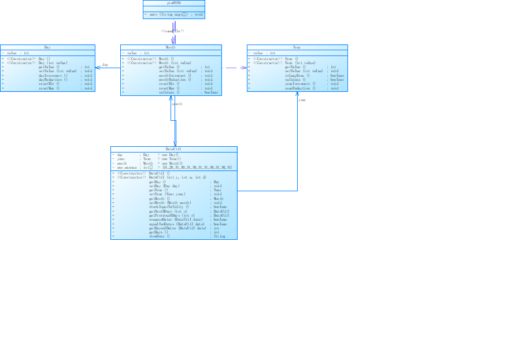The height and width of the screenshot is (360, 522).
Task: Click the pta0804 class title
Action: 173,3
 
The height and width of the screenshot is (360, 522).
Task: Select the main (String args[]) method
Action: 173,14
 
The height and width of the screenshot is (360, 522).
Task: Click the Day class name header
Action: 47,47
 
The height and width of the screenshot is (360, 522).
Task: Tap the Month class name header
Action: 171,47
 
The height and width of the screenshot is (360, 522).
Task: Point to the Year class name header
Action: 297,47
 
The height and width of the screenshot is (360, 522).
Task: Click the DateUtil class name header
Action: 173,149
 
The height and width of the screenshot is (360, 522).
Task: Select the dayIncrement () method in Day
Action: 53,75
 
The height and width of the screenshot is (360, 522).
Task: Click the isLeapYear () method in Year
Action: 298,75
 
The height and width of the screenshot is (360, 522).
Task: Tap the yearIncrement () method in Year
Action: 299,84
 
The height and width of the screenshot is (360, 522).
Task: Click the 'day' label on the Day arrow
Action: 105,65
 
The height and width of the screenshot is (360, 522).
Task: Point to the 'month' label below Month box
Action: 177,104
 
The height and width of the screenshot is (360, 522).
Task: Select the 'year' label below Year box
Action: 302,100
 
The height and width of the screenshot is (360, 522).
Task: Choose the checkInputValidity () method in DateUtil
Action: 169,207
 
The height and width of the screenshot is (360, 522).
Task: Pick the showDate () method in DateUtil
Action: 160,236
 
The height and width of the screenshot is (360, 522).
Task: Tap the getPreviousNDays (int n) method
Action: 172,216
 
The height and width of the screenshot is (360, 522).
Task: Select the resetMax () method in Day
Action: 49,88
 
